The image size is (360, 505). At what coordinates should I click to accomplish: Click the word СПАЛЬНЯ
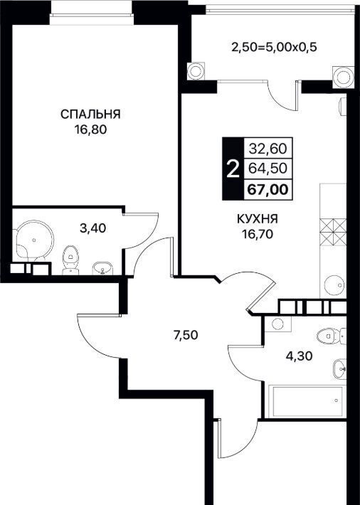pyautogui.click(x=90, y=115)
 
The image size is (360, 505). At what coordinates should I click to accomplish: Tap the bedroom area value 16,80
pyautogui.click(x=90, y=130)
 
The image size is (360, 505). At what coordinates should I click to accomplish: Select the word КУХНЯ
pyautogui.click(x=258, y=219)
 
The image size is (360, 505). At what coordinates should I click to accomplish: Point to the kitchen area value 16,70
pyautogui.click(x=258, y=234)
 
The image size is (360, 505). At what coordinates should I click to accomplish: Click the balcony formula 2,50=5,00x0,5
pyautogui.click(x=275, y=48)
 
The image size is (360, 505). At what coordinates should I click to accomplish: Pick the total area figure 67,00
pyautogui.click(x=268, y=189)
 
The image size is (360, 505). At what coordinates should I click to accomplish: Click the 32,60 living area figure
pyautogui.click(x=268, y=149)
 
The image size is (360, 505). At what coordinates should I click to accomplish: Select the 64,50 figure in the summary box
pyautogui.click(x=268, y=169)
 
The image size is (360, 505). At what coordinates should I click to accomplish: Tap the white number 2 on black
pyautogui.click(x=233, y=169)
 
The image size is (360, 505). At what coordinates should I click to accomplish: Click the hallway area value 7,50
pyautogui.click(x=185, y=335)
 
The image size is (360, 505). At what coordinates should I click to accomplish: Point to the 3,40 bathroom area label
pyautogui.click(x=93, y=228)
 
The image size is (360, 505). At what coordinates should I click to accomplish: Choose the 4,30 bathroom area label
pyautogui.click(x=300, y=356)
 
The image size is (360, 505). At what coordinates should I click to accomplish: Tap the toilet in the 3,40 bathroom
pyautogui.click(x=70, y=260)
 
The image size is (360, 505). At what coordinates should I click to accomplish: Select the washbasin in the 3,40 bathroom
pyautogui.click(x=102, y=268)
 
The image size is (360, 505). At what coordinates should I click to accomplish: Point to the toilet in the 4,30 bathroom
pyautogui.click(x=331, y=336)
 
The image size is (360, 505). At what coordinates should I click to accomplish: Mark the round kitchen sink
pyautogui.click(x=334, y=285)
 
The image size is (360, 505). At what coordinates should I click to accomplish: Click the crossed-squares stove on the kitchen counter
pyautogui.click(x=333, y=231)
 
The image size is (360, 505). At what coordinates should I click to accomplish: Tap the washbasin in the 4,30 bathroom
pyautogui.click(x=339, y=369)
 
